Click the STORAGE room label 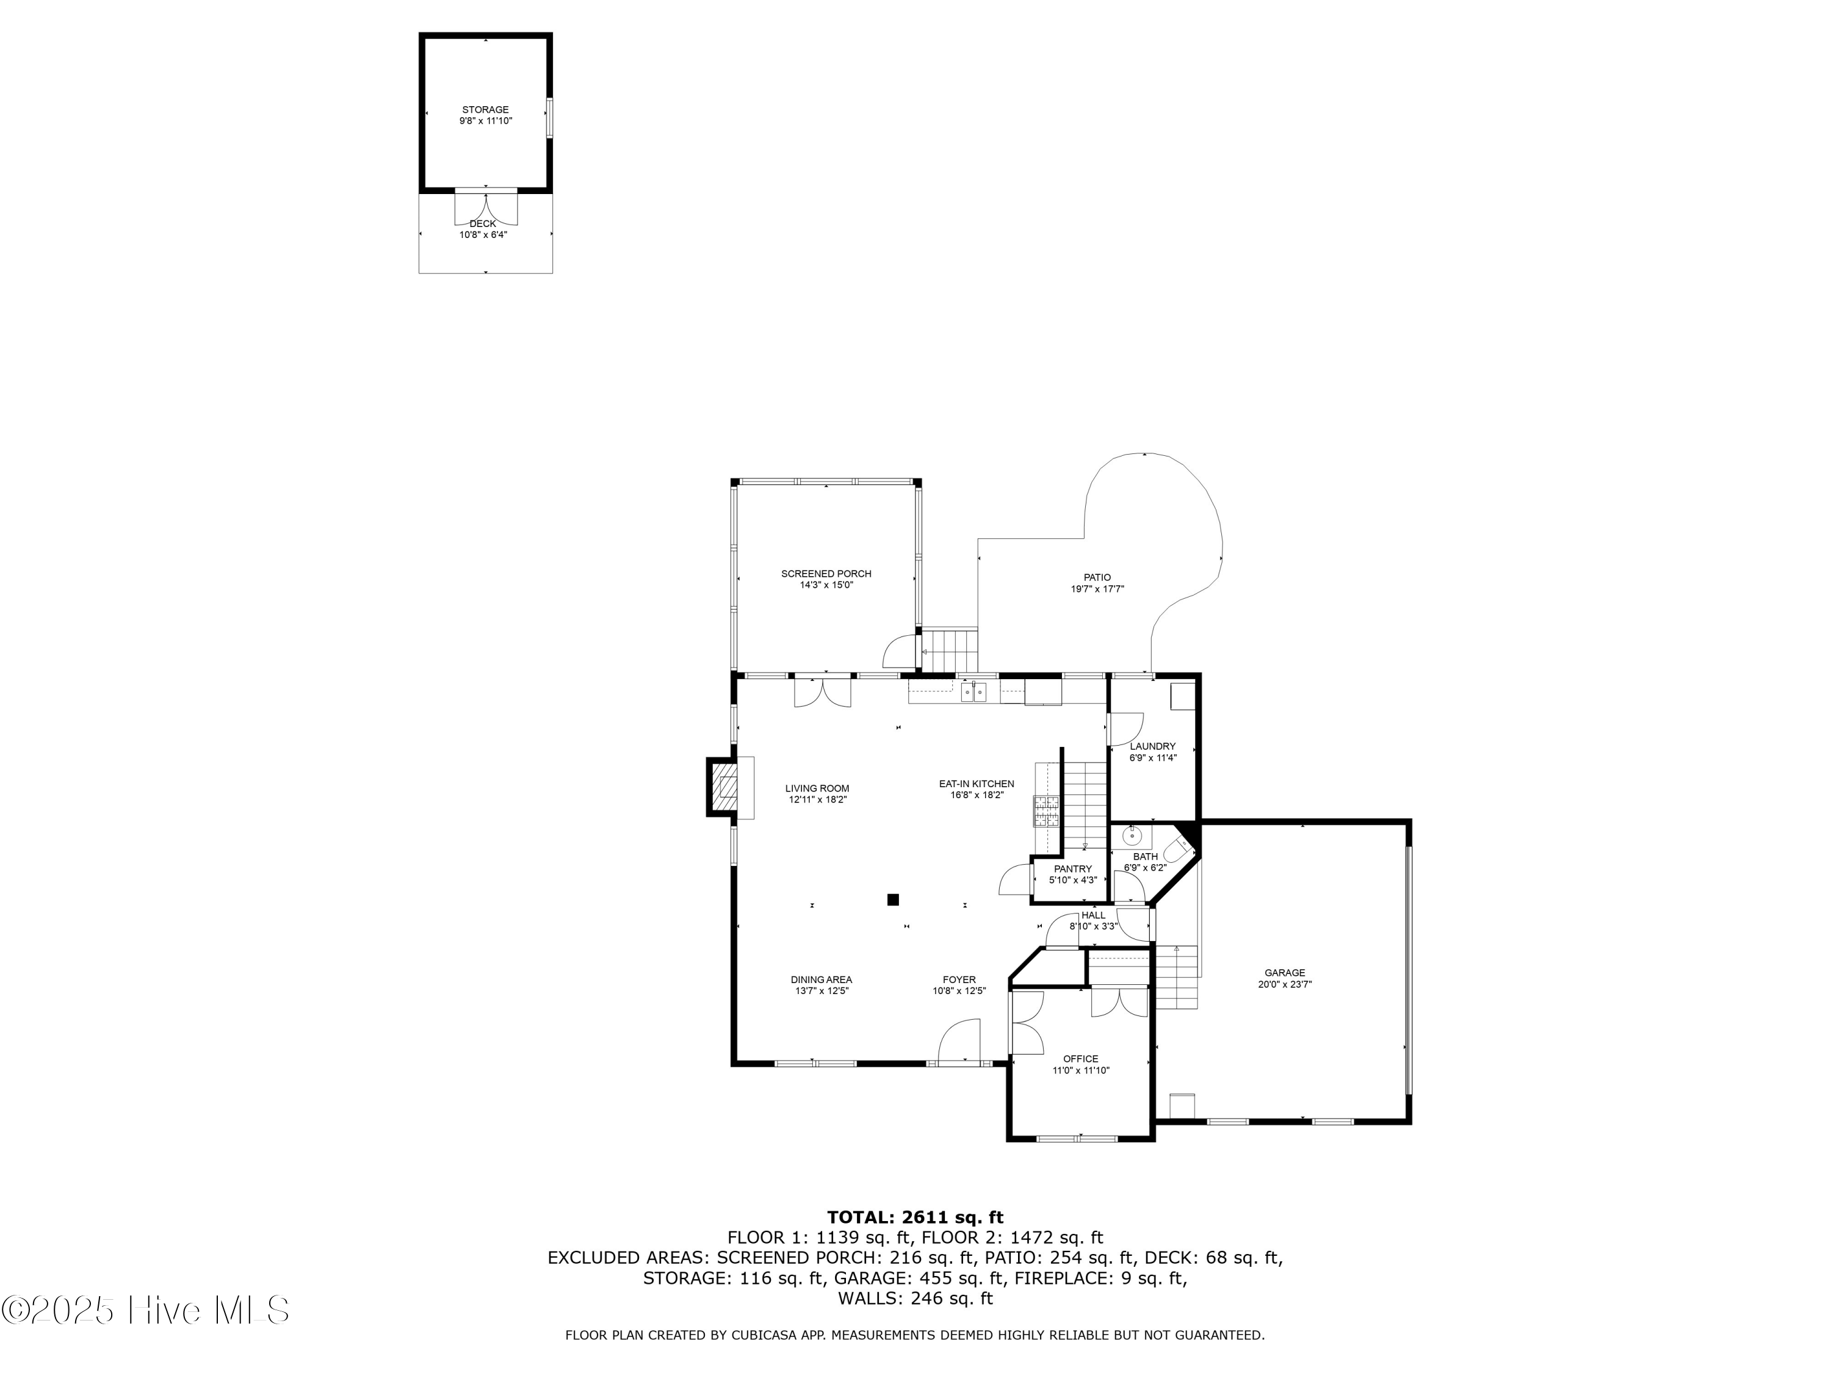point(485,109)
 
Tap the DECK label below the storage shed point(483,223)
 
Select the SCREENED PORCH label point(826,574)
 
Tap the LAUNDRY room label point(1152,746)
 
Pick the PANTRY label point(1073,869)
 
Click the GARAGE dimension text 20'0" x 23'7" point(1285,985)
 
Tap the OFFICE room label point(1080,1059)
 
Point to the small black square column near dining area point(893,899)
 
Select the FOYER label point(959,979)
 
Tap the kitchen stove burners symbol point(1046,810)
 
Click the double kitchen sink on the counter point(974,691)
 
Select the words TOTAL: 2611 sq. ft point(915,1217)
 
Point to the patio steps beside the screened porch point(950,650)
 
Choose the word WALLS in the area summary point(869,1299)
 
